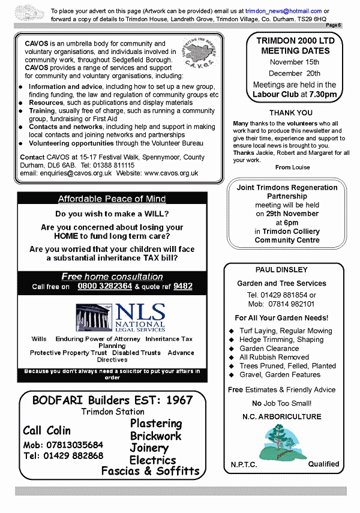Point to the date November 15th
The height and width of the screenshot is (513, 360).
[x=295, y=62]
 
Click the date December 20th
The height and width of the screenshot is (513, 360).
[x=295, y=73]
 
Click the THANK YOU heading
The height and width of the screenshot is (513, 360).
[x=291, y=113]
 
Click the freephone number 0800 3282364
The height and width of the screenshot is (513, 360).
[x=104, y=286]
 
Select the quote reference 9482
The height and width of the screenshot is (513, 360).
[x=182, y=286]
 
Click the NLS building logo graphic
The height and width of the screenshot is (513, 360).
[x=94, y=317]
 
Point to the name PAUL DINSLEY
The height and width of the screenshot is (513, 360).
[x=281, y=270]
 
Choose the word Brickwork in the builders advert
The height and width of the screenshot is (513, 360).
[x=155, y=436]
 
